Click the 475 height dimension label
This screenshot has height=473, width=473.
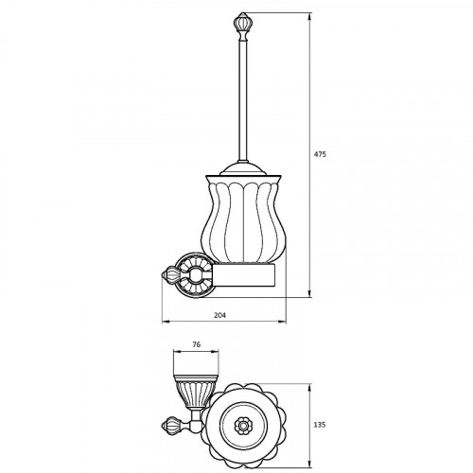click(320, 154)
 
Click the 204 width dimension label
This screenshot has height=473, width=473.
click(219, 315)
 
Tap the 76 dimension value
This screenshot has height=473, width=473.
click(196, 344)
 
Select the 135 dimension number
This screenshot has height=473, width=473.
click(320, 425)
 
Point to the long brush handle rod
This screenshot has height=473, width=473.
click(242, 101)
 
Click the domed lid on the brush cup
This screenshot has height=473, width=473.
click(242, 169)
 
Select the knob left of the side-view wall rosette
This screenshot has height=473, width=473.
click(170, 273)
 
